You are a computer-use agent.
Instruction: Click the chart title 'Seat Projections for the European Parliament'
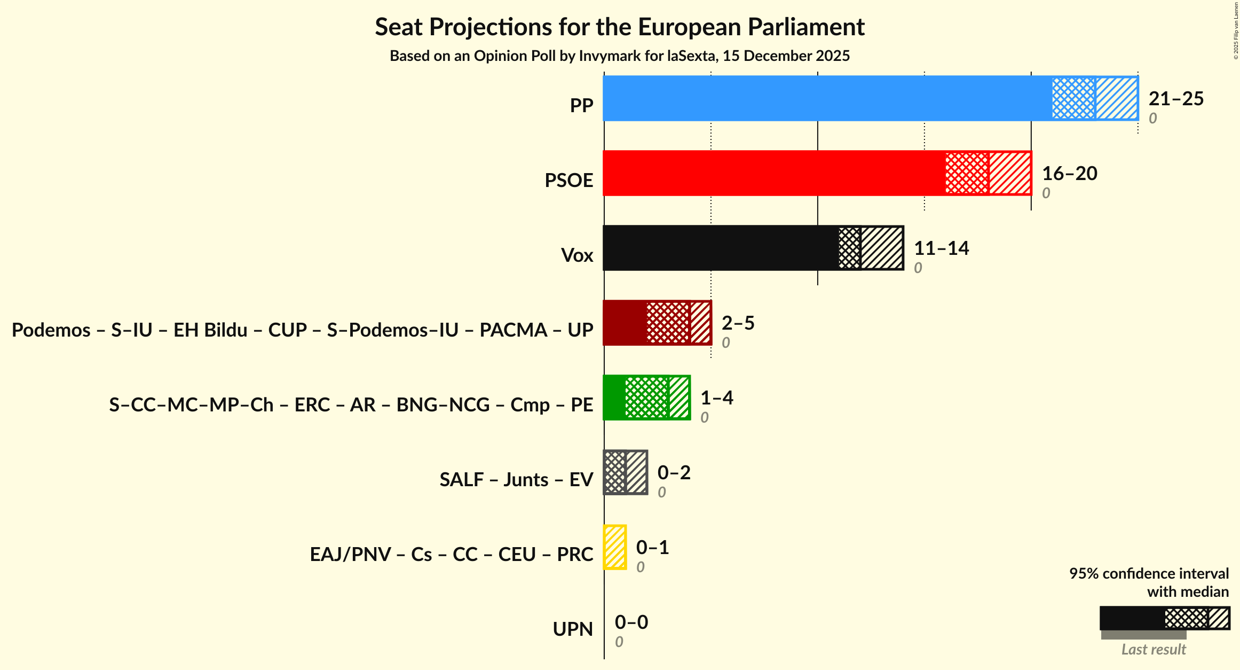tap(619, 27)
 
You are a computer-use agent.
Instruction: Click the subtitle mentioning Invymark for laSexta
tap(619, 56)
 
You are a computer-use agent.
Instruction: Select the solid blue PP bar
tap(827, 98)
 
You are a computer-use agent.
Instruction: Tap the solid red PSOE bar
tap(774, 173)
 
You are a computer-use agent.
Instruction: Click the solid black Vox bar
tap(721, 248)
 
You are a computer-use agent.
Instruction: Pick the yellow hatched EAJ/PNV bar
tap(615, 547)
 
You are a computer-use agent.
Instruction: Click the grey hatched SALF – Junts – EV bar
tap(626, 472)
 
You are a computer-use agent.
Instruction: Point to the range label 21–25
tap(1176, 99)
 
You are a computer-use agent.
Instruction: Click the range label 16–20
tap(1069, 174)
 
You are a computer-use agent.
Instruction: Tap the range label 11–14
tap(941, 248)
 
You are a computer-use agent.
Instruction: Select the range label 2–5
tap(738, 323)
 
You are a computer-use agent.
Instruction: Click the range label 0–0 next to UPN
tap(631, 622)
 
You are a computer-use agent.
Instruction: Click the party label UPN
tap(573, 629)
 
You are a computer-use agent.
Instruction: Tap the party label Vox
tap(577, 255)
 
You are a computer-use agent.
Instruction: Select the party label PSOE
tap(568, 181)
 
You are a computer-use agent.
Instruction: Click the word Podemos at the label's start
tap(51, 330)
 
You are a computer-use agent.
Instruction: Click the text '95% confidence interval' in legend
tap(1149, 574)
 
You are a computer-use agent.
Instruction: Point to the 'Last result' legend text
tap(1153, 650)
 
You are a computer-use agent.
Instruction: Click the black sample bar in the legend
tap(1132, 618)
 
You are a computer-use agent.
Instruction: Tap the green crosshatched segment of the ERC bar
tap(647, 398)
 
